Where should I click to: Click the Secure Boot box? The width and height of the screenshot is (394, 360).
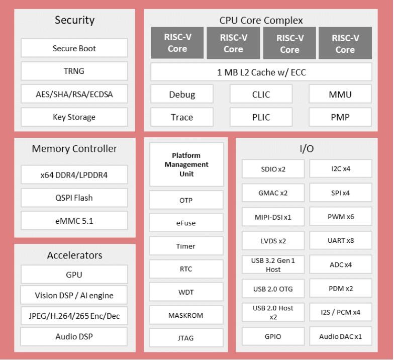point(74,48)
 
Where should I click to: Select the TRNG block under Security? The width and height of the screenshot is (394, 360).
point(74,71)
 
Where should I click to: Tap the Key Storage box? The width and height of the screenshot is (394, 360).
point(74,117)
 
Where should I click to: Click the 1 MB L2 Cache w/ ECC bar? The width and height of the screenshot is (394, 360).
point(261,72)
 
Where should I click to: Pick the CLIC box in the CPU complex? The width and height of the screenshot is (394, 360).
point(261,94)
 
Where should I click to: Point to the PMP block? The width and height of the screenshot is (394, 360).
point(340,117)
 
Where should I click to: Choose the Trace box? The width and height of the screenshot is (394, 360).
point(182,117)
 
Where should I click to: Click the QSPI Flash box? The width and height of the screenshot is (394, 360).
point(74,198)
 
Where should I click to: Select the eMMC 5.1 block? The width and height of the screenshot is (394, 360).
point(74,221)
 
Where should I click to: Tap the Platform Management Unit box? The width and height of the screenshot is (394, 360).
point(186,165)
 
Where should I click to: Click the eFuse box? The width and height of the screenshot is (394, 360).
point(186,223)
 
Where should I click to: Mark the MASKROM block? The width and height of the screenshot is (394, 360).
point(186,315)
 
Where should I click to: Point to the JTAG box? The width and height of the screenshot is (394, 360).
point(186,338)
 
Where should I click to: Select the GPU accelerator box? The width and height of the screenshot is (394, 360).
point(74,275)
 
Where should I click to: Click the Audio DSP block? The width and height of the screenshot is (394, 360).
point(74,336)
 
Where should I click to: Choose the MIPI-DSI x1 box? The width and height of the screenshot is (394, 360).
point(273,217)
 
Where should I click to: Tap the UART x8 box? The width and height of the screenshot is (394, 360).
point(341,240)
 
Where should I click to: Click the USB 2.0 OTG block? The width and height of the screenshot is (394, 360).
point(273,289)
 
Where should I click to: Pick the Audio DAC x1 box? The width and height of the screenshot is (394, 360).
point(341,336)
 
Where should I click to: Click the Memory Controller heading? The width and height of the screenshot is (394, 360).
point(74,149)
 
